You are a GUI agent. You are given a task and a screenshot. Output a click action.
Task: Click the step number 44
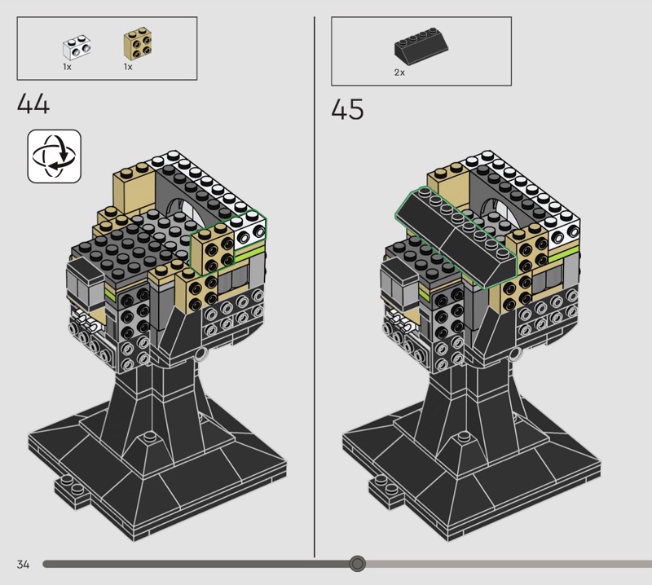33,103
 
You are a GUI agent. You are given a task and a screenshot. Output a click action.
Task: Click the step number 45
348,109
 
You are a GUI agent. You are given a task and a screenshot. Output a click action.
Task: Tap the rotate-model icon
55,156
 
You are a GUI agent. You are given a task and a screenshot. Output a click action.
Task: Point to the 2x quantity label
399,73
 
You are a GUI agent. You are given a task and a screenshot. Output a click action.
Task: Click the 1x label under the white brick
68,67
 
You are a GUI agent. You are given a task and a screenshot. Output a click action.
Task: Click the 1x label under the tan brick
128,67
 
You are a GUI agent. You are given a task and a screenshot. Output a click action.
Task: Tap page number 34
24,564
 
